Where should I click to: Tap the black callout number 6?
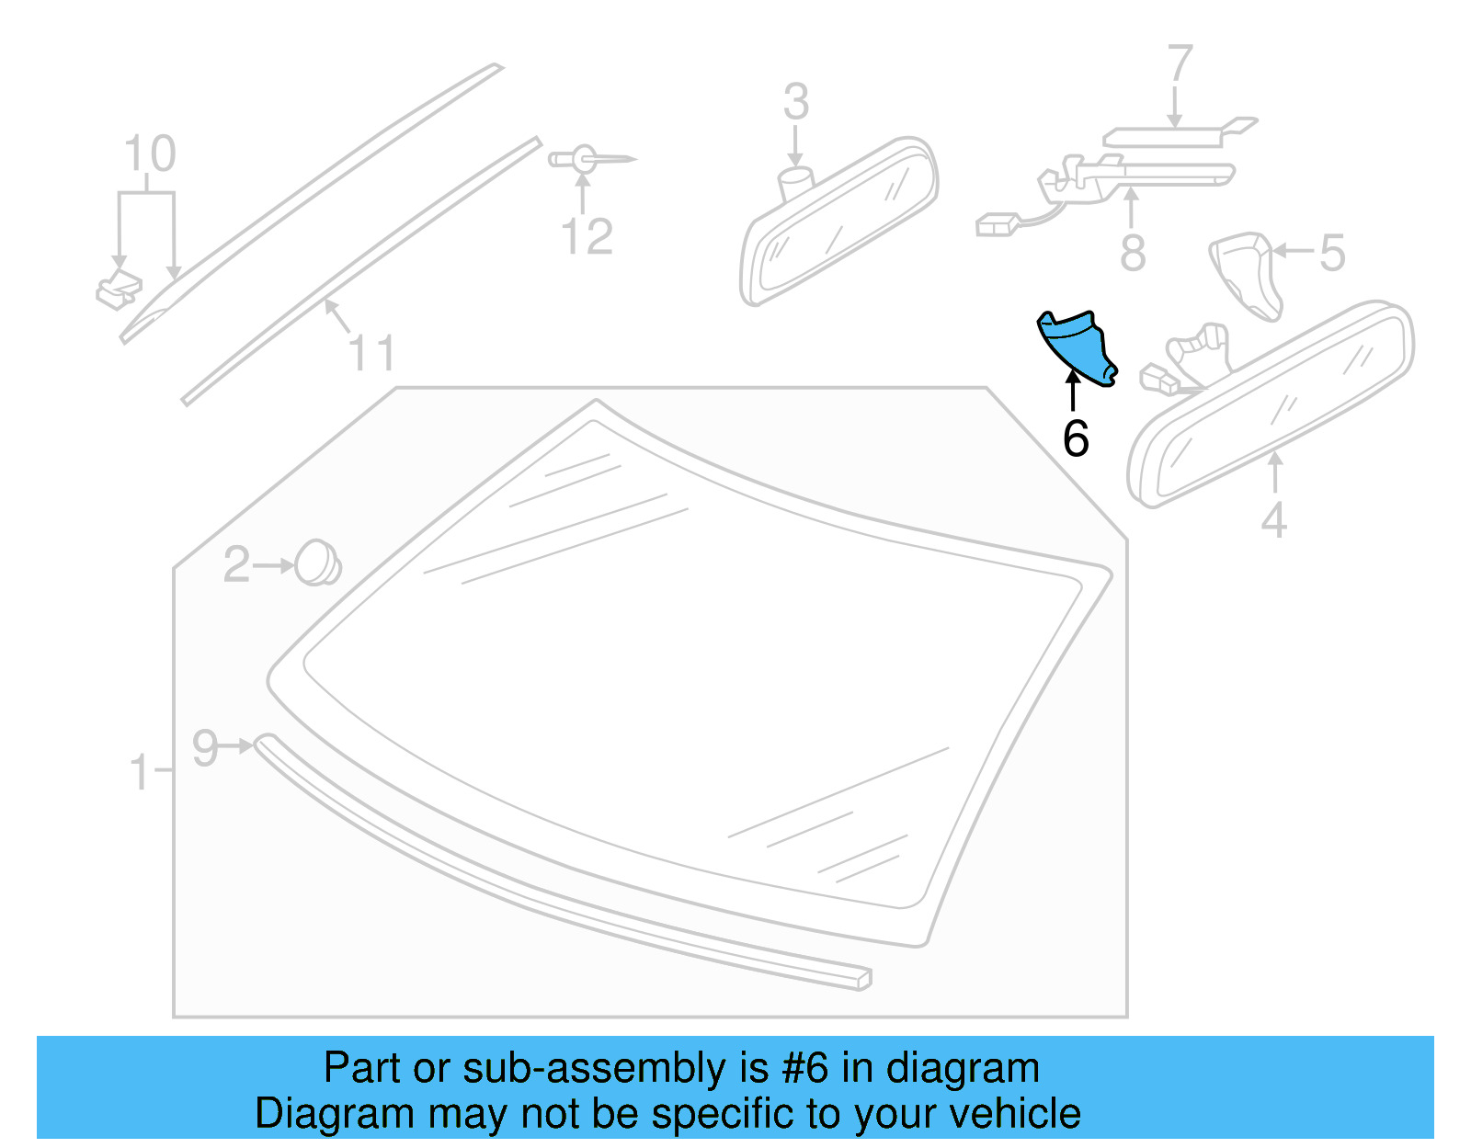(x=1076, y=438)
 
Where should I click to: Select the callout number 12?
(x=587, y=237)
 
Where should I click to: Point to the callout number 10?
(x=149, y=154)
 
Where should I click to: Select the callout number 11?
(x=371, y=354)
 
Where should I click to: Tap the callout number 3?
(x=796, y=102)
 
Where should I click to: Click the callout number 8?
(x=1133, y=253)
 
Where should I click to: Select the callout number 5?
(x=1332, y=253)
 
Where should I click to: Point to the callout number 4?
(x=1273, y=520)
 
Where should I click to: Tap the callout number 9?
(x=205, y=747)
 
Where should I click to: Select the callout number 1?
(x=139, y=772)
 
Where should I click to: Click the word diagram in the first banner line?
(x=963, y=1068)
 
